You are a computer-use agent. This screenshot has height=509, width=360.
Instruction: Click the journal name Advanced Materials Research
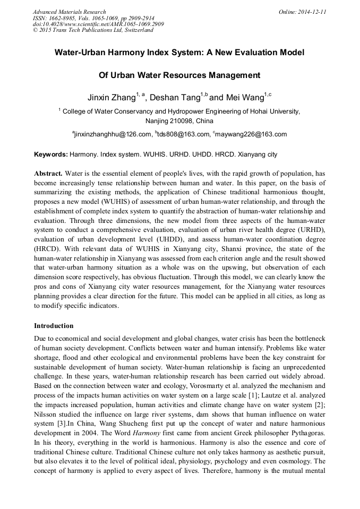(69, 12)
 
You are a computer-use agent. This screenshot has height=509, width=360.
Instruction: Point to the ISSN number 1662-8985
(64, 18)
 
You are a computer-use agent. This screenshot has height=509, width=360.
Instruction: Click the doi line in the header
(98, 24)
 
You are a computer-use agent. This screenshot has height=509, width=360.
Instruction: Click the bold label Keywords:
(51, 155)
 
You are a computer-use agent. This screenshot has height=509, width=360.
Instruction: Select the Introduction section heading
(54, 325)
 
